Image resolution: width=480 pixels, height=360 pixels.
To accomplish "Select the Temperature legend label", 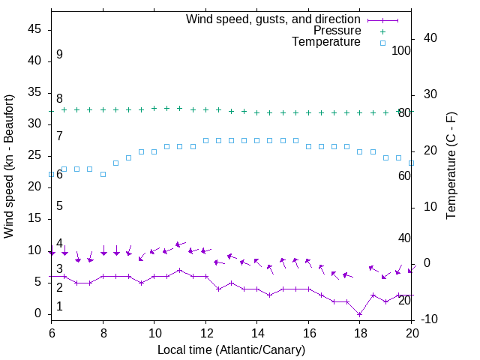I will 326,42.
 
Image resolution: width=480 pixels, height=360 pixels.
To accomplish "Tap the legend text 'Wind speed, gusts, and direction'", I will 274,19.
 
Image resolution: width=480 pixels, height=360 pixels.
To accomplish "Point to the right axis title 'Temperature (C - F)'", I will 451,166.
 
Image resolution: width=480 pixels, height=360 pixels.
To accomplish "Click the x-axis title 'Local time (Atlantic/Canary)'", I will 231,349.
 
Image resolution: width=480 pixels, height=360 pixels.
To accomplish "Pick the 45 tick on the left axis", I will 34,30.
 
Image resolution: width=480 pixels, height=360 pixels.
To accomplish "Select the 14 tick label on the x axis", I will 256,331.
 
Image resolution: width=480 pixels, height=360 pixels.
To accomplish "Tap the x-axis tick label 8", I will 103,331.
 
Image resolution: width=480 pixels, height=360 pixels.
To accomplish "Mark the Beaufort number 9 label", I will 59,55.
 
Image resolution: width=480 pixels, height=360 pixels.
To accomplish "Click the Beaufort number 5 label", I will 59,206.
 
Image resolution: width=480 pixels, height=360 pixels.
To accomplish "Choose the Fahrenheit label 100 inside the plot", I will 401,50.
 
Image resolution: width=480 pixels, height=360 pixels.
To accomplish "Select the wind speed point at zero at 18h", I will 360,313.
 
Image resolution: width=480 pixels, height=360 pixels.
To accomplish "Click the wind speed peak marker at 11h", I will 179,270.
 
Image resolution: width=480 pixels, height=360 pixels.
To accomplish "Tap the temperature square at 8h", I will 103,174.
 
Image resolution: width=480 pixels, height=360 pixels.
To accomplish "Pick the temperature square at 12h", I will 205,140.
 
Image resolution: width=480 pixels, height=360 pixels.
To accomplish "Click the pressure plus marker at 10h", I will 154,108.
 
